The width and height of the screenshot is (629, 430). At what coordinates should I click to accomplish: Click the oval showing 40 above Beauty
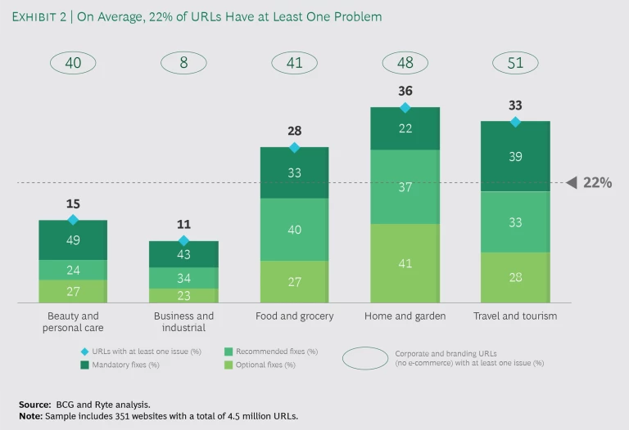(x=73, y=63)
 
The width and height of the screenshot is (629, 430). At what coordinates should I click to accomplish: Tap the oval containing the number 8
(x=183, y=63)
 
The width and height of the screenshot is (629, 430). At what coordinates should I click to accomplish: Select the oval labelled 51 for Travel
(x=515, y=63)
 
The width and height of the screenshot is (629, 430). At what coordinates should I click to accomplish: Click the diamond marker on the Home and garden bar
(x=405, y=107)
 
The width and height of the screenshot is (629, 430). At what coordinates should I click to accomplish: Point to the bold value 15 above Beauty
(x=73, y=204)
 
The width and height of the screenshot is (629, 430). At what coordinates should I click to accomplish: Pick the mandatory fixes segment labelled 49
(x=73, y=240)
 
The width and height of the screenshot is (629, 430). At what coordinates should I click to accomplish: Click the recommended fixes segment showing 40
(x=294, y=230)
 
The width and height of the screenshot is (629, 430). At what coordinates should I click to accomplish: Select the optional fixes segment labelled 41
(x=405, y=263)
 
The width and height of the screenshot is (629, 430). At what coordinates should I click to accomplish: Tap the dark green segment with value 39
(x=515, y=156)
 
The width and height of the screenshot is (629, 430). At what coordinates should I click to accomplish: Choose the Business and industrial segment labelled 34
(x=183, y=278)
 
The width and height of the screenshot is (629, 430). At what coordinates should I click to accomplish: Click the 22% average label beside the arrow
(x=597, y=183)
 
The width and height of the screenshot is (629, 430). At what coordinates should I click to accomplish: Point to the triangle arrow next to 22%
(x=572, y=183)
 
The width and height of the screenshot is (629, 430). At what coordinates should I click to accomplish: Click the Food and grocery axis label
(x=294, y=316)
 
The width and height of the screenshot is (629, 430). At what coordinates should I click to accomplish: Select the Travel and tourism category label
(x=515, y=316)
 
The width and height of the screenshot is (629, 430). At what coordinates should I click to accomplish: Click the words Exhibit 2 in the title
(x=41, y=16)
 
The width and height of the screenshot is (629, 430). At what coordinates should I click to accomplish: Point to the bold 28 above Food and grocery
(x=294, y=132)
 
